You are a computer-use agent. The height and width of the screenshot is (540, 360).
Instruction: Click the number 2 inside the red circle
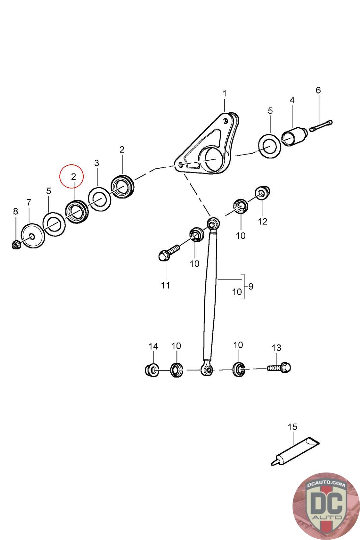pos(73,176)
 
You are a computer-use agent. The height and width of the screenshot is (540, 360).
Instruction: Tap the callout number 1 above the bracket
pos(225,93)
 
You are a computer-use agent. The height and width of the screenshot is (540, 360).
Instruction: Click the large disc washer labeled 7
pos(32,236)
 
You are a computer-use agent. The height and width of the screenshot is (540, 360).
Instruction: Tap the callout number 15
pos(292,427)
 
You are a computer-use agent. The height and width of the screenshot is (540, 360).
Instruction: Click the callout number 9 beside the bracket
pos(250,286)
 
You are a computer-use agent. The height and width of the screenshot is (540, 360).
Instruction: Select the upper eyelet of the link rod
pos(213,223)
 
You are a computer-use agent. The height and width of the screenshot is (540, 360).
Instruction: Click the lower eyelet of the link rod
pos(207,370)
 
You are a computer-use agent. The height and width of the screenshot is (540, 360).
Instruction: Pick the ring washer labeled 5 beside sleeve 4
pos(270,146)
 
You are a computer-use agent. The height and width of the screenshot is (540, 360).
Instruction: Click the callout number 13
pos(276,347)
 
